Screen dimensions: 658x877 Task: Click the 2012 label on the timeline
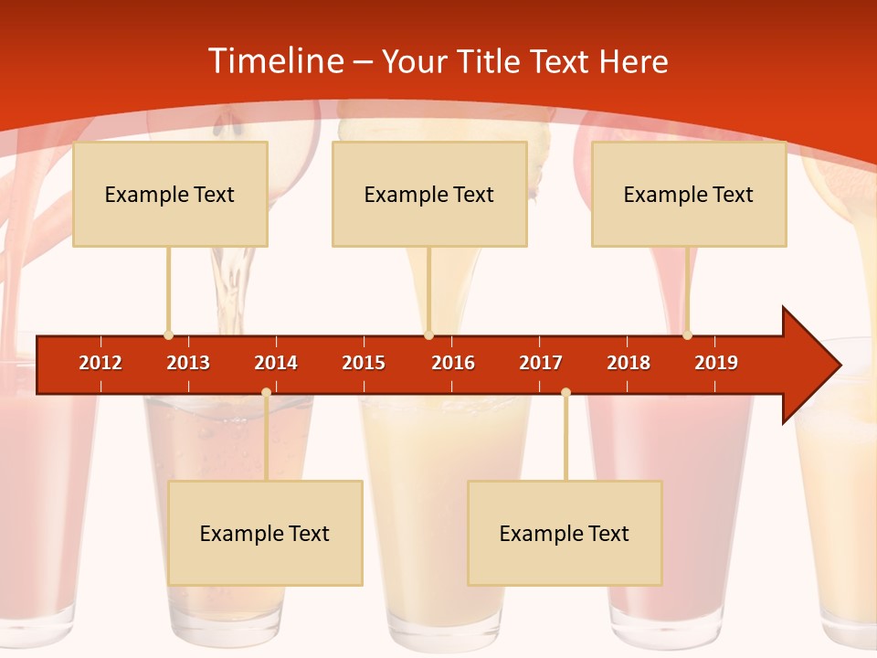pyautogui.click(x=100, y=363)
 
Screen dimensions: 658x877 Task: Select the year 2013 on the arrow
pyautogui.click(x=188, y=363)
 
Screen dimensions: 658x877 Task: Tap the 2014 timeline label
pyautogui.click(x=276, y=363)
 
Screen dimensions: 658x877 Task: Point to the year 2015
pyautogui.click(x=364, y=363)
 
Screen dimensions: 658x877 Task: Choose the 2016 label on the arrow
pyautogui.click(x=453, y=363)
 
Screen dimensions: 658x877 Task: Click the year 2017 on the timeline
pyautogui.click(x=541, y=363)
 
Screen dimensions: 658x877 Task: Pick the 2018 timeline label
pyautogui.click(x=629, y=363)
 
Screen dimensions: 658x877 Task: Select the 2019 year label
pyautogui.click(x=716, y=363)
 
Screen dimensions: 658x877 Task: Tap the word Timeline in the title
pyautogui.click(x=274, y=61)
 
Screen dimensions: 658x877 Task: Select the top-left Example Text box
pyautogui.click(x=170, y=194)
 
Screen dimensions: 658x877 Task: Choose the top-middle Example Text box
pyautogui.click(x=429, y=194)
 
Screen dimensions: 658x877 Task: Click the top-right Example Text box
pyautogui.click(x=689, y=194)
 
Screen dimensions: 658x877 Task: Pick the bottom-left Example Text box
pyautogui.click(x=265, y=533)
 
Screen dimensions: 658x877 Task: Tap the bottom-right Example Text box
pyautogui.click(x=565, y=533)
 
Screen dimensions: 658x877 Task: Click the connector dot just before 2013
pyautogui.click(x=168, y=335)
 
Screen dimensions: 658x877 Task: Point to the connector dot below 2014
pyautogui.click(x=266, y=392)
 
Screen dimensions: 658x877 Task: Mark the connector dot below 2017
pyautogui.click(x=565, y=392)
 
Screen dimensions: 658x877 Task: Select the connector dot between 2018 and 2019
pyautogui.click(x=687, y=335)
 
